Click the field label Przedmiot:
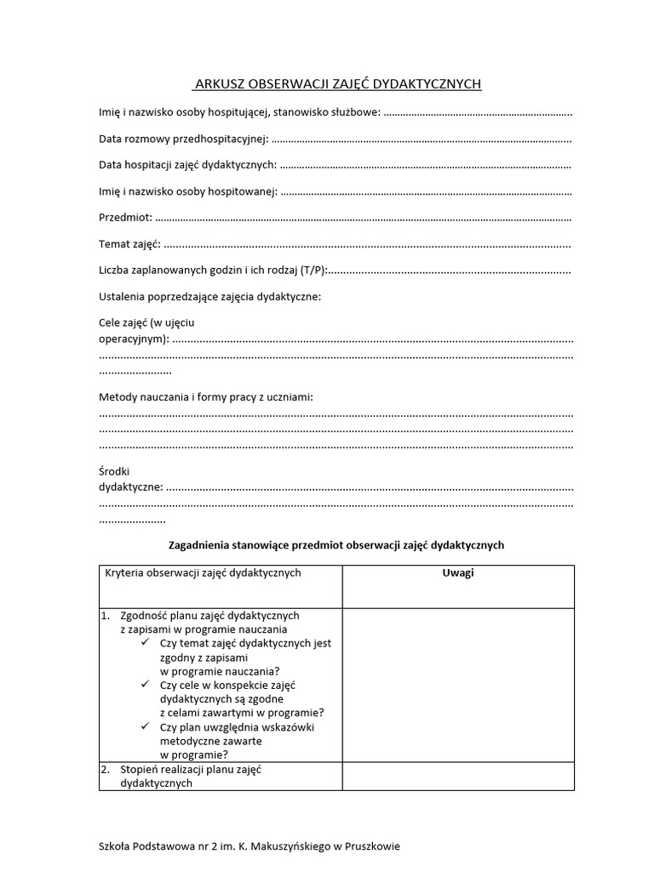point(125,218)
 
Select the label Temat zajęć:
point(129,245)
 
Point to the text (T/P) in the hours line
point(313,271)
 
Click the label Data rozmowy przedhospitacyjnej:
point(184,139)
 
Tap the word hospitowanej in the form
point(245,191)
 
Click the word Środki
point(115,471)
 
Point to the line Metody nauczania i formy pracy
point(206,397)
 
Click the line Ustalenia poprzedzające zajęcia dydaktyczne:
point(209,297)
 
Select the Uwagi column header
point(457,573)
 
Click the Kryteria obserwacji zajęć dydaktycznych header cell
point(203,573)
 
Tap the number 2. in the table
point(106,769)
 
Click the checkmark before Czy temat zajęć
point(148,644)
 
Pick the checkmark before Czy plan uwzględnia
point(148,726)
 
